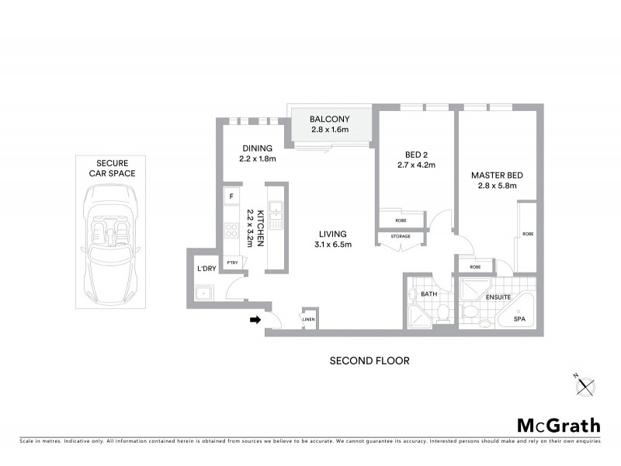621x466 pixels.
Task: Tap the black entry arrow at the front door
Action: coord(255,318)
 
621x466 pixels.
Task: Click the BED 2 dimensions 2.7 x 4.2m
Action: coord(415,165)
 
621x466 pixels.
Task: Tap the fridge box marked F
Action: coord(231,196)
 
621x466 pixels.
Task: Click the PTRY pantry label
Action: coord(232,263)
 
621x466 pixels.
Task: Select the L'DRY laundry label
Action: coord(206,269)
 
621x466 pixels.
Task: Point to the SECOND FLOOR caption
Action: coord(369,360)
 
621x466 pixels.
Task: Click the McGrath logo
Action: coord(558,425)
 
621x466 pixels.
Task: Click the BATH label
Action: coord(428,294)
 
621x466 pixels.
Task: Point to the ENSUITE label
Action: coord(498,297)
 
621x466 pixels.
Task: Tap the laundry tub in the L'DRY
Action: coord(204,294)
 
